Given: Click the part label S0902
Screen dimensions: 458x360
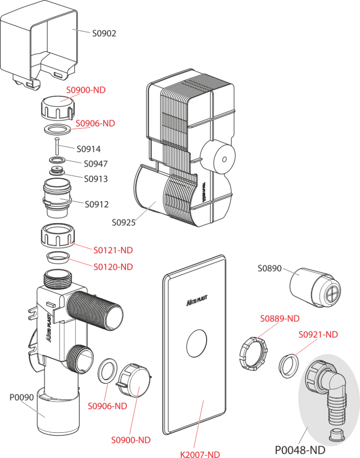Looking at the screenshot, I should (x=104, y=33).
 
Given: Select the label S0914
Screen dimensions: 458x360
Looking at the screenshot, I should (x=89, y=149).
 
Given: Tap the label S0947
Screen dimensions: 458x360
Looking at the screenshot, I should (x=95, y=164).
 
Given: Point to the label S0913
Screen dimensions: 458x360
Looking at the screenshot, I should (x=95, y=179).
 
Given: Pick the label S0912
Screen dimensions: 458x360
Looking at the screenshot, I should (x=97, y=204).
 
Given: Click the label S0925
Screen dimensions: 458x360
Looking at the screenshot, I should (x=124, y=223).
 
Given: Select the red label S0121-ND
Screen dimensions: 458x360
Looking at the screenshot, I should (x=113, y=251).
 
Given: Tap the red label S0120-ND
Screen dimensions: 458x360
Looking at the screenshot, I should (x=113, y=267).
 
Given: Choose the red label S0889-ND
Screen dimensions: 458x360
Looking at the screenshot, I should (x=280, y=318).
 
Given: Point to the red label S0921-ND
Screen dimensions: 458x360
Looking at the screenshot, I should (x=318, y=335).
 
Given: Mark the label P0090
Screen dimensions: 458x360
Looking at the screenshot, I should (x=22, y=397).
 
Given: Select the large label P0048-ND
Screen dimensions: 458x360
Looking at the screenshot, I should (x=300, y=450).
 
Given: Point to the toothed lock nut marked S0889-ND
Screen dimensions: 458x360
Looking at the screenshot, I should (x=252, y=353).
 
